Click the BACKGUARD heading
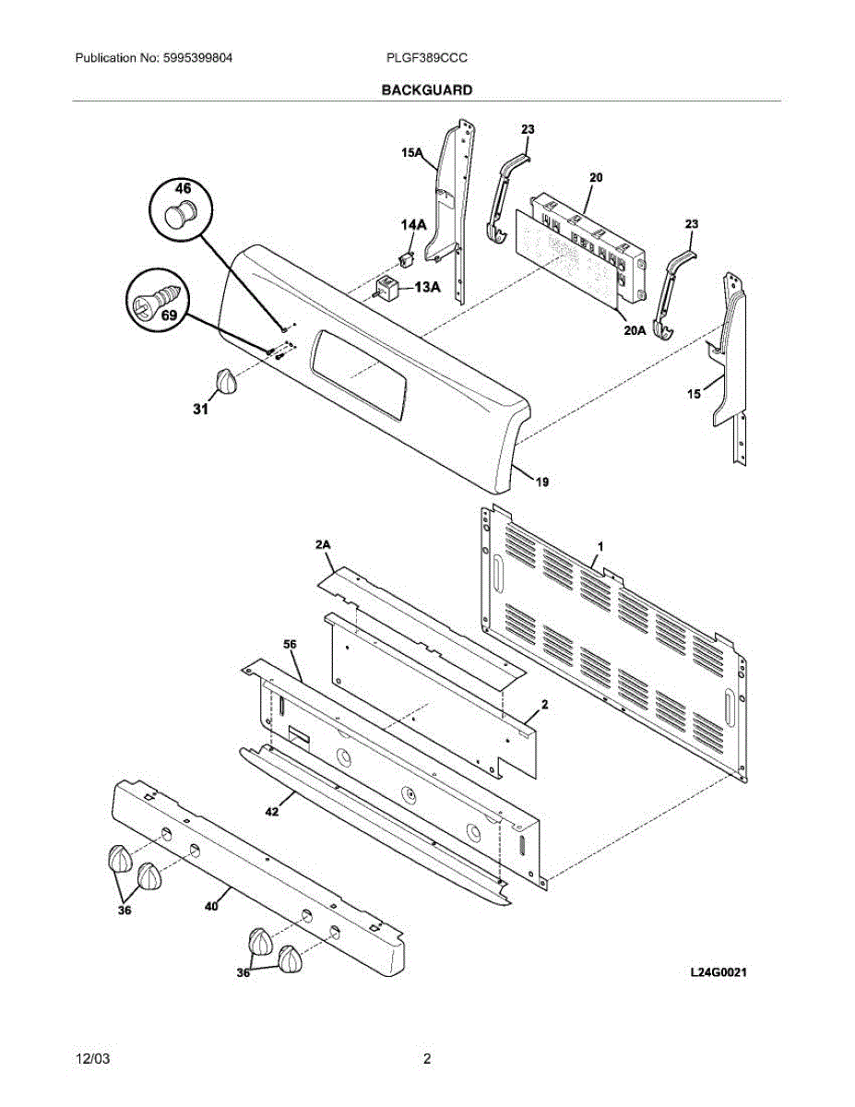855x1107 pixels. click(427, 90)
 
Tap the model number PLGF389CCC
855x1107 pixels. click(427, 57)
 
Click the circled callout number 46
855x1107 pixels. click(184, 189)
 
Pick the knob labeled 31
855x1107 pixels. click(224, 381)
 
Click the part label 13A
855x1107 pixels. click(426, 288)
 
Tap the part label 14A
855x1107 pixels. click(412, 224)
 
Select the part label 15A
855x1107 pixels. click(412, 156)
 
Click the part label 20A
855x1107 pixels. click(634, 329)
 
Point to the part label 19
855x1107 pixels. click(542, 482)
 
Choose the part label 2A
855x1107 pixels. click(322, 546)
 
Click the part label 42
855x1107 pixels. click(272, 811)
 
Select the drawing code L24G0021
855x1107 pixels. click(718, 972)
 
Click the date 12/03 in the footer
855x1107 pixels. click(89, 1058)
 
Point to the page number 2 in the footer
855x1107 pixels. click(427, 1058)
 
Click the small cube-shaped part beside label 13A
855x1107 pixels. click(387, 287)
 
